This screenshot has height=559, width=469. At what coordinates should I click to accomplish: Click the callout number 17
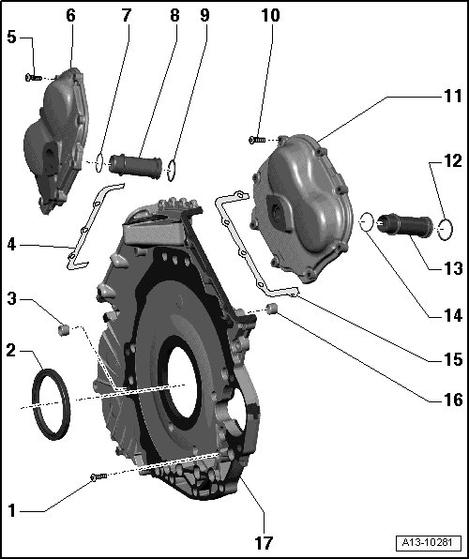pos(264,543)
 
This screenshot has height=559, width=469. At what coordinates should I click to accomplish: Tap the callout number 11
pos(453,96)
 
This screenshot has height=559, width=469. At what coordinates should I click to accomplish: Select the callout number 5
pos(12,38)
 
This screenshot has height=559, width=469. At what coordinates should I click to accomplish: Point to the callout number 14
pos(453,315)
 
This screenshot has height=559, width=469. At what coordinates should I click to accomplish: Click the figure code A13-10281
pos(428,543)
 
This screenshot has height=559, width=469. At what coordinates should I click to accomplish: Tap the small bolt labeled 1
pos(98,476)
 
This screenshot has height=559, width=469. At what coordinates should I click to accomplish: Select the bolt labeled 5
pos(34,77)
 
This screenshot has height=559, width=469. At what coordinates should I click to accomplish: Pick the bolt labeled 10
pos(257,140)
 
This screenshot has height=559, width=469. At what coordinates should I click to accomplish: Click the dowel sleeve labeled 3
pos(63,330)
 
